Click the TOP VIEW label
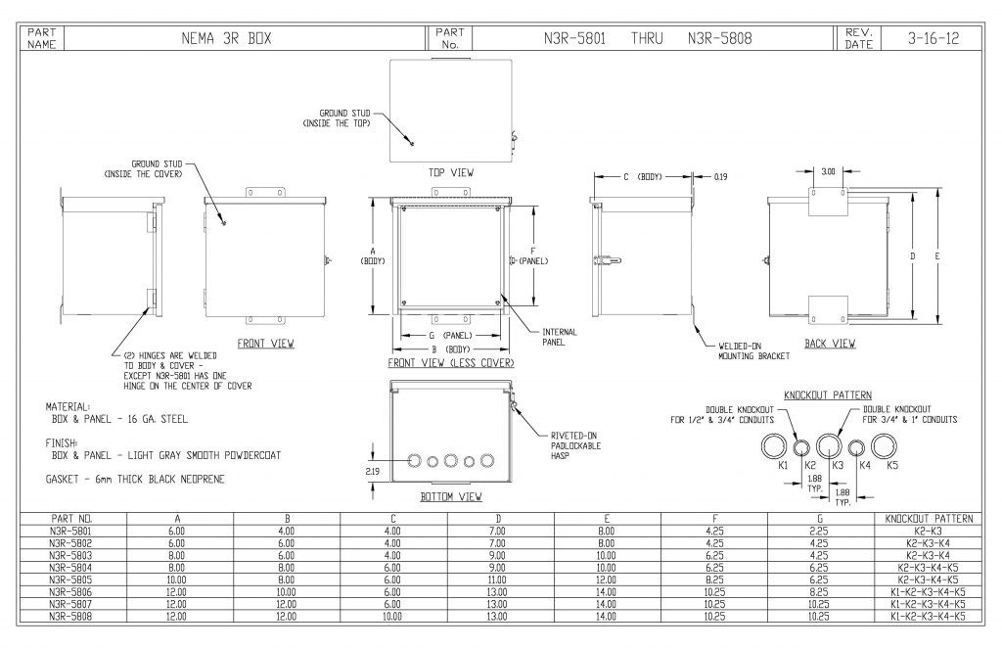tap(451, 173)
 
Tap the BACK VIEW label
tap(830, 344)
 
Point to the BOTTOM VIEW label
tap(450, 497)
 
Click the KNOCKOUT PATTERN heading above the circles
tap(828, 394)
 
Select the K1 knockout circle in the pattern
tap(775, 447)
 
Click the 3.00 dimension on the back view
tap(828, 171)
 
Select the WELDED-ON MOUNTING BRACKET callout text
tap(747, 351)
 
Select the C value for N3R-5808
tap(392, 617)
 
